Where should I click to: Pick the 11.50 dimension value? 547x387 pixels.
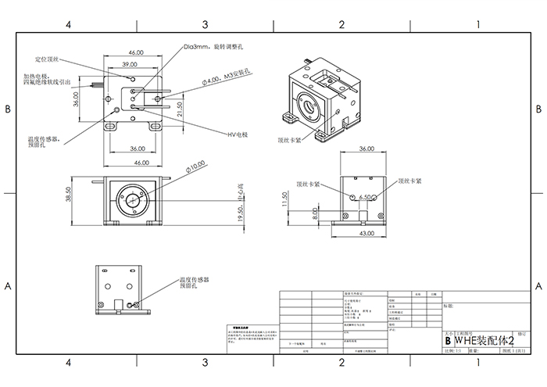pos(286,200)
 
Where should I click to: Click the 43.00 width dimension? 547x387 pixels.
pos(366,234)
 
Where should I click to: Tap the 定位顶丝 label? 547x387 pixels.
pos(47,59)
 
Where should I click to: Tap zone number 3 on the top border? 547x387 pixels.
pos(205,25)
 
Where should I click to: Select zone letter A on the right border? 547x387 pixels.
pos(538,287)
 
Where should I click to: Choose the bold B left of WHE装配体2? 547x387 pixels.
pos(447,341)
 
